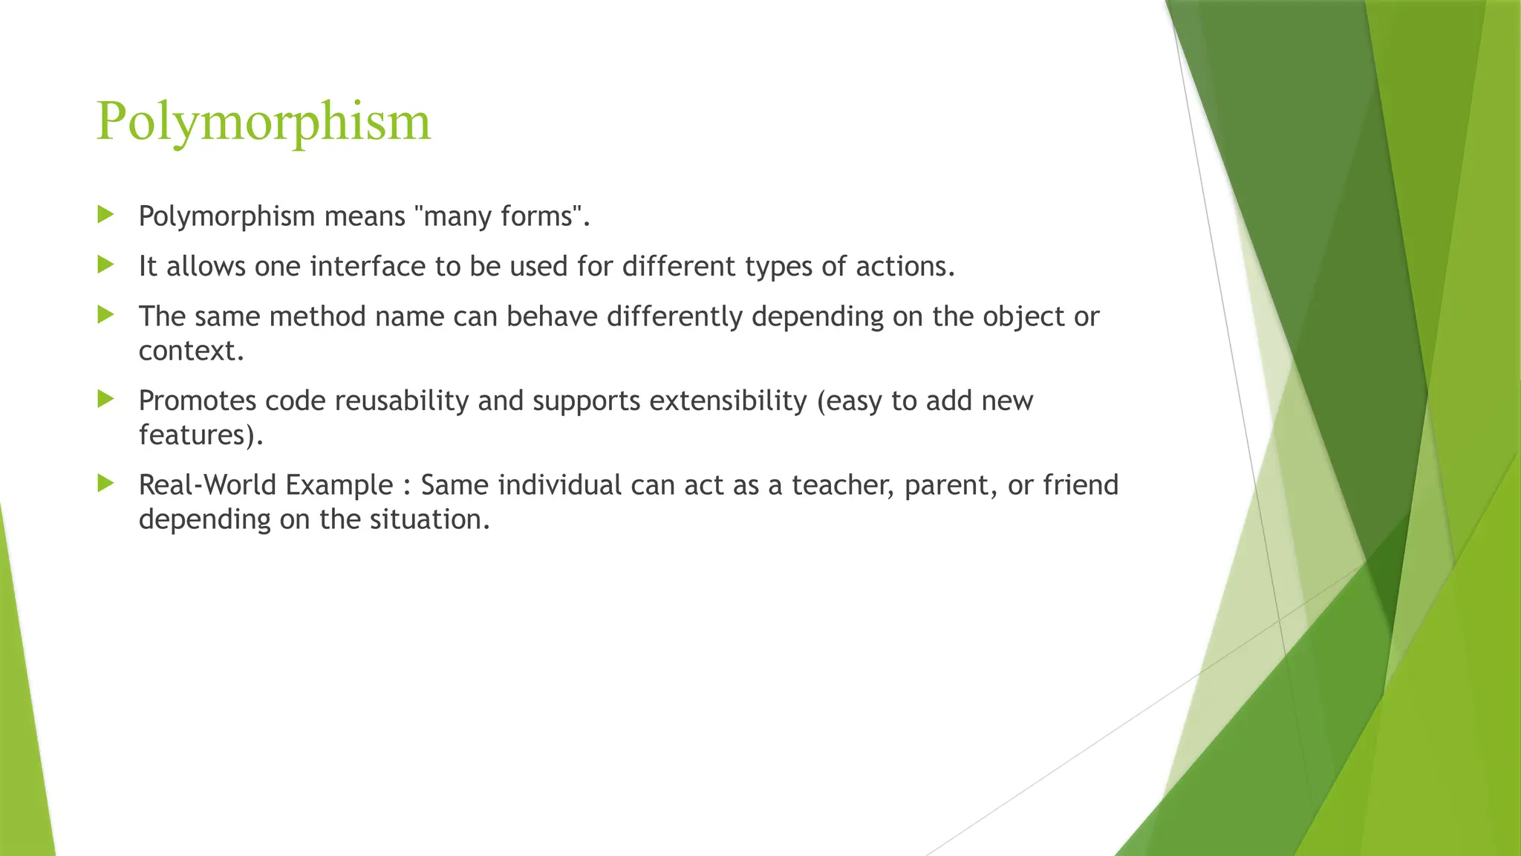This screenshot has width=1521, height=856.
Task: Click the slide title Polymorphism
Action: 263,121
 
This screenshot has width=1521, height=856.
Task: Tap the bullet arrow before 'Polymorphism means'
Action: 105,215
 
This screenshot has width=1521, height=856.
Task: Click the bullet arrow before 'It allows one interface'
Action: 105,265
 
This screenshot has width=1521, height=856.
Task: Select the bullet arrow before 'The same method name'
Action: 105,315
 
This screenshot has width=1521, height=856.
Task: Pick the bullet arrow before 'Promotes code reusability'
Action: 105,399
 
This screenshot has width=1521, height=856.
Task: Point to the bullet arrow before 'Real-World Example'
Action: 105,484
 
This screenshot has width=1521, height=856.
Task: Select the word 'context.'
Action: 191,351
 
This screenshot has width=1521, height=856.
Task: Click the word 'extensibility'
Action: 728,401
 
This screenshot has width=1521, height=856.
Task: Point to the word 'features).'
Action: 201,435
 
